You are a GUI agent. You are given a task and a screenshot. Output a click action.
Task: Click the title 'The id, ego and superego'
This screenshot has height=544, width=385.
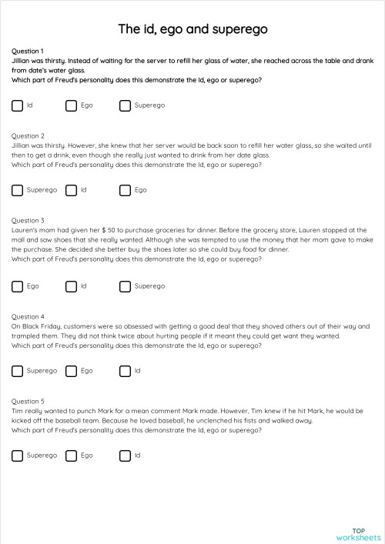point(192,29)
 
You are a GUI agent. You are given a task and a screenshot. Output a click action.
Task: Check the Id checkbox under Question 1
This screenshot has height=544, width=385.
point(18,105)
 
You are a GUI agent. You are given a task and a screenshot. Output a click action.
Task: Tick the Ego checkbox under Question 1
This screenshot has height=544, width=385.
point(71,105)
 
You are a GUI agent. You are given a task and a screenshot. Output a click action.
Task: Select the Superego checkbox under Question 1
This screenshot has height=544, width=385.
point(125,105)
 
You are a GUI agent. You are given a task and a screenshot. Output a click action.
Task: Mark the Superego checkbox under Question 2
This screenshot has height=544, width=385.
point(18,190)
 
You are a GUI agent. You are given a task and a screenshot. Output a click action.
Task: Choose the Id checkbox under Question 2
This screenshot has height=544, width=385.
point(71,190)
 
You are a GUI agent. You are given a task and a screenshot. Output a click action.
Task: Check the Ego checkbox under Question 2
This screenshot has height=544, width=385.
point(125,190)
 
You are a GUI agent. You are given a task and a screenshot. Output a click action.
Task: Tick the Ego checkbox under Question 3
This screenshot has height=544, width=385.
point(18,286)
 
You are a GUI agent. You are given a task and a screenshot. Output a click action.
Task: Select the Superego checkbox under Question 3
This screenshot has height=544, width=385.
point(125,286)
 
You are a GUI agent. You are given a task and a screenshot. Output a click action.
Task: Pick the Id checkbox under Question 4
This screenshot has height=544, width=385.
point(125,371)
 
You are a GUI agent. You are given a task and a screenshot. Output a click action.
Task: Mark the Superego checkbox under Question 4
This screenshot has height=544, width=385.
point(18,371)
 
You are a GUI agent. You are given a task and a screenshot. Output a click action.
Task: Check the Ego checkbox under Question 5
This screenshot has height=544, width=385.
point(71,456)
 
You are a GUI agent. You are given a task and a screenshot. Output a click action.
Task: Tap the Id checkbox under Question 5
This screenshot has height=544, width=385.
point(125,456)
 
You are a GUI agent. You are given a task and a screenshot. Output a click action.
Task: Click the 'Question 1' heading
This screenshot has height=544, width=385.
point(28,51)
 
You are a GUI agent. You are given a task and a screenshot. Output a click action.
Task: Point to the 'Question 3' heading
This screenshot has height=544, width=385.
point(28,220)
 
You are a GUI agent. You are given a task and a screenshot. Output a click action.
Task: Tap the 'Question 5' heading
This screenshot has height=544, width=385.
point(28,401)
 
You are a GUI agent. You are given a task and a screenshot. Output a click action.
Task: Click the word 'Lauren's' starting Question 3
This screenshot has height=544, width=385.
point(25,229)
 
